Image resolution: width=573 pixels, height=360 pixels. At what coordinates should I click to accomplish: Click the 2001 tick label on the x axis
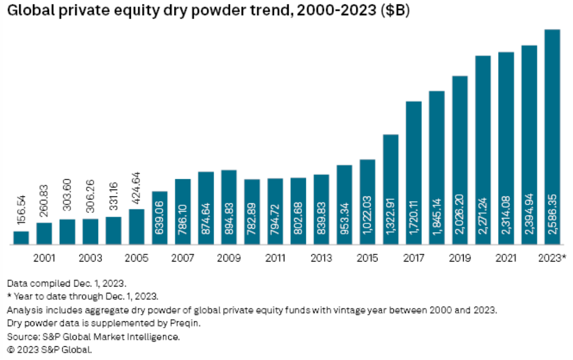click(44, 258)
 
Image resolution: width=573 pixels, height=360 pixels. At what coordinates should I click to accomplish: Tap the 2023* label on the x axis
click(553, 258)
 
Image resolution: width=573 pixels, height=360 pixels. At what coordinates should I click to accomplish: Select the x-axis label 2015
click(368, 258)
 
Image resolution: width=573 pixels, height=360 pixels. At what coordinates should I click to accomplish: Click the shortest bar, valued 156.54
click(21, 238)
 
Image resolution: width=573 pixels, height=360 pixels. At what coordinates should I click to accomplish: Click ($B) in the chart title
click(395, 12)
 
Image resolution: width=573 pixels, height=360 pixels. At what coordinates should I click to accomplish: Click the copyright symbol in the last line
click(10, 350)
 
